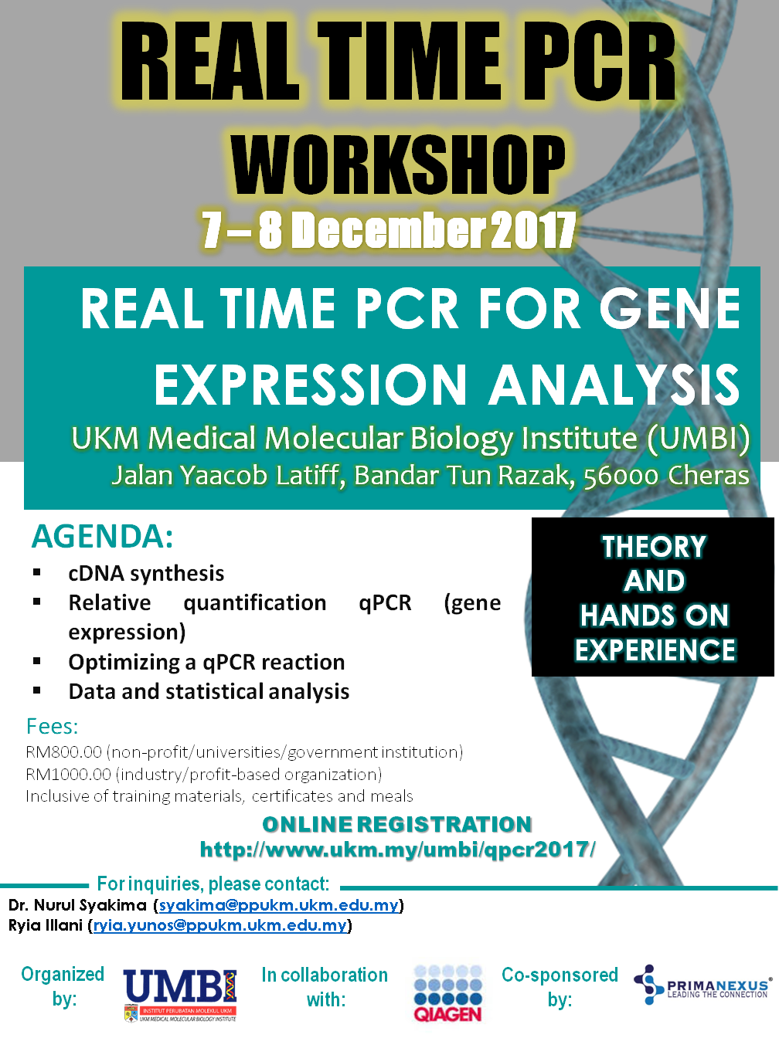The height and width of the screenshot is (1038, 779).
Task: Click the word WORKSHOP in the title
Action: coord(399,165)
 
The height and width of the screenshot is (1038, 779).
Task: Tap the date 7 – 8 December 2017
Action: coord(389,230)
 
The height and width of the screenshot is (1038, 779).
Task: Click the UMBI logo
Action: coord(180,995)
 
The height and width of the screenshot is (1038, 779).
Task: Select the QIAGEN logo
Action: coord(447,994)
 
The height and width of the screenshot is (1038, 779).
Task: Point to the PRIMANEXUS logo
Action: coord(702,985)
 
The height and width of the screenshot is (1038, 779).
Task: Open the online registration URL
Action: coord(397,849)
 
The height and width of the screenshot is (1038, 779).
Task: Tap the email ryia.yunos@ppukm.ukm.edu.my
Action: coord(220,925)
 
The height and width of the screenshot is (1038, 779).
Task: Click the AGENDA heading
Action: coord(102,536)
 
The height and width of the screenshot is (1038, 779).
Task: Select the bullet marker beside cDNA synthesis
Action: coord(37,572)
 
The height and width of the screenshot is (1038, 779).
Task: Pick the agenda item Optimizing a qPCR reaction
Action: coord(206,662)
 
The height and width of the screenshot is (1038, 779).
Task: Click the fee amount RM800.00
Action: coord(64,752)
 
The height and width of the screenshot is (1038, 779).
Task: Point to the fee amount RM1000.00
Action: coord(69,774)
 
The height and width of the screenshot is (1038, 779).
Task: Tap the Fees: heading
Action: coord(52,726)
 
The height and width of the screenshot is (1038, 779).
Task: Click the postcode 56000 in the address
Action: coord(621,477)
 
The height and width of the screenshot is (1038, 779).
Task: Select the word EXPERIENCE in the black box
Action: coord(655,650)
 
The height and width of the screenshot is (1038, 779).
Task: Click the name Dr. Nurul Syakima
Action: coord(77,905)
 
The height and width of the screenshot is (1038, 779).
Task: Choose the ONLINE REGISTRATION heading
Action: coord(397,824)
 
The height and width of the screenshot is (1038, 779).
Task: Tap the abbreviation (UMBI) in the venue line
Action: coord(698,439)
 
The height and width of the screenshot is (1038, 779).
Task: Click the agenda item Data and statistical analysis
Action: coord(209,691)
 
